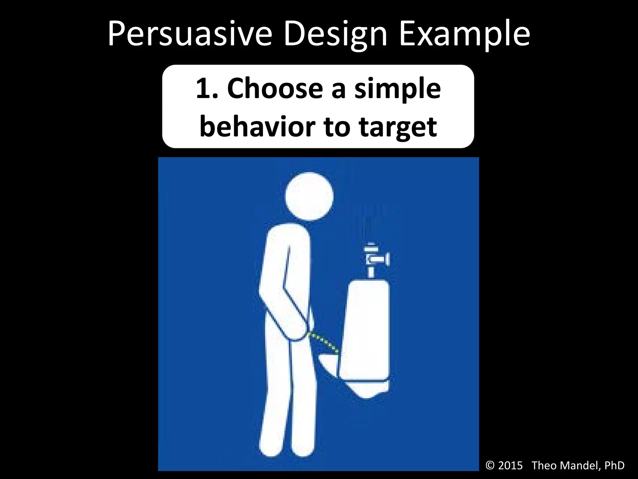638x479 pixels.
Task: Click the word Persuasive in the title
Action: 190,34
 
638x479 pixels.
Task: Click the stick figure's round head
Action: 309,196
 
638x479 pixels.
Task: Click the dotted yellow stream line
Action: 324,343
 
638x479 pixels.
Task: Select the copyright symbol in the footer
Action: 490,465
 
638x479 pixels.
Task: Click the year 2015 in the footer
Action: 510,465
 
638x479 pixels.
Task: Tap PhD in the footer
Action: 614,465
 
